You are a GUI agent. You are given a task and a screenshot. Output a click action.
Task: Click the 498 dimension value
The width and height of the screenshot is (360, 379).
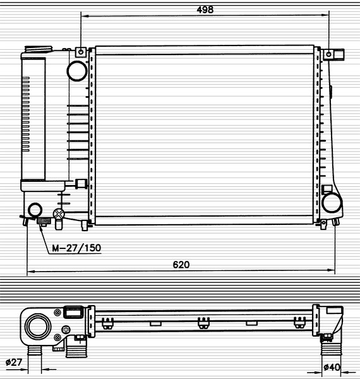coord(205,9)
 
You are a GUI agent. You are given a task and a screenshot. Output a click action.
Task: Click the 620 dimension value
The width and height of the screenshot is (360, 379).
coord(181,265)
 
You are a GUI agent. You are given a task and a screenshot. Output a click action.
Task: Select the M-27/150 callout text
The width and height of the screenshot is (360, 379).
coord(76,248)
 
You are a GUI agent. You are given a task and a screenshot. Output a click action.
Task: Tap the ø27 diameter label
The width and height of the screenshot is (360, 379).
coord(14,362)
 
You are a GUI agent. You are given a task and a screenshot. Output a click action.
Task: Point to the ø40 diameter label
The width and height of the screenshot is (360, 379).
coord(332,367)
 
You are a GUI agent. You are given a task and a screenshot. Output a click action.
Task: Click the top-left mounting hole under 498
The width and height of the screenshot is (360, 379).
coord(81,52)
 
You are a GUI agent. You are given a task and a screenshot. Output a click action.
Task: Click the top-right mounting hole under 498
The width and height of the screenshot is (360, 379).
coord(328,54)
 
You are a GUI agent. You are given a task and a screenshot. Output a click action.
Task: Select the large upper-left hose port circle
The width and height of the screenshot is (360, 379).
coord(77,71)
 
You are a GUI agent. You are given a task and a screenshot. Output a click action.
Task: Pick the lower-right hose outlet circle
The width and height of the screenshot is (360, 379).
coord(332,203)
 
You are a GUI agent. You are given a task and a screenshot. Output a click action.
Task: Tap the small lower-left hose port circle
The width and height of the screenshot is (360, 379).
coord(35,210)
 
